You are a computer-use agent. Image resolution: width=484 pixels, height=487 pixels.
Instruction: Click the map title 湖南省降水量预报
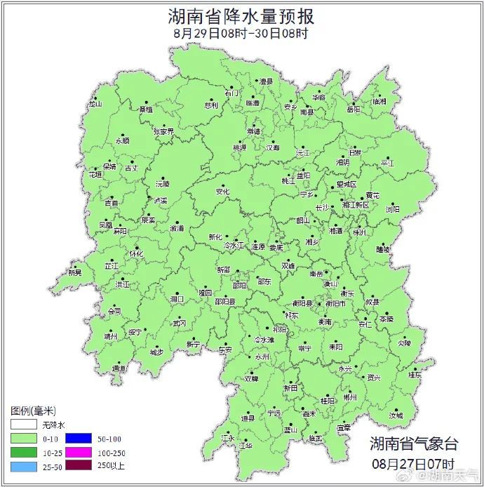coord(241,15)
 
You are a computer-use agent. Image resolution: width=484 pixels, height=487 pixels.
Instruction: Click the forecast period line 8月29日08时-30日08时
coord(241,33)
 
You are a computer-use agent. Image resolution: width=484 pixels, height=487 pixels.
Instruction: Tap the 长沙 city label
coord(322,208)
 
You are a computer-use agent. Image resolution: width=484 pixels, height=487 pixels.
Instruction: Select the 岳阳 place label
coord(353,109)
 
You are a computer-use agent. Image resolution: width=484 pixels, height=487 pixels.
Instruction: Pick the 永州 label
coord(262,356)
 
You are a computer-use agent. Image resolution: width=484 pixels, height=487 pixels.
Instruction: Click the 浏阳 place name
coord(392,209)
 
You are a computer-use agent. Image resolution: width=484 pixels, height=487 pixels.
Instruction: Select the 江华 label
coord(246,445)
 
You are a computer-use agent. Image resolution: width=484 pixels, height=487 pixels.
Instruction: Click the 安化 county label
coord(222,191)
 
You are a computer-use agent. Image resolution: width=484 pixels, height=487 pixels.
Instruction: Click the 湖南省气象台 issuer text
coord(414,443)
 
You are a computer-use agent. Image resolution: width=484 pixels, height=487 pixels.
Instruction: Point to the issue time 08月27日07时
coord(414,464)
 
